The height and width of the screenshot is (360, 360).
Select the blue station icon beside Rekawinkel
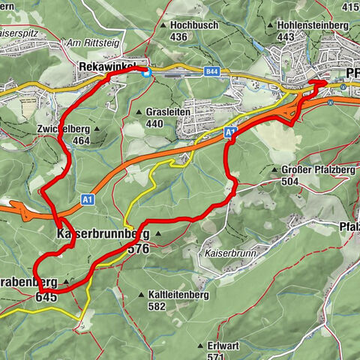click(147, 72)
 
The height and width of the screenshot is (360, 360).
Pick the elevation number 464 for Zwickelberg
click(81, 140)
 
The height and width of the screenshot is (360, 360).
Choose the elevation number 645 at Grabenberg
click(46, 297)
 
